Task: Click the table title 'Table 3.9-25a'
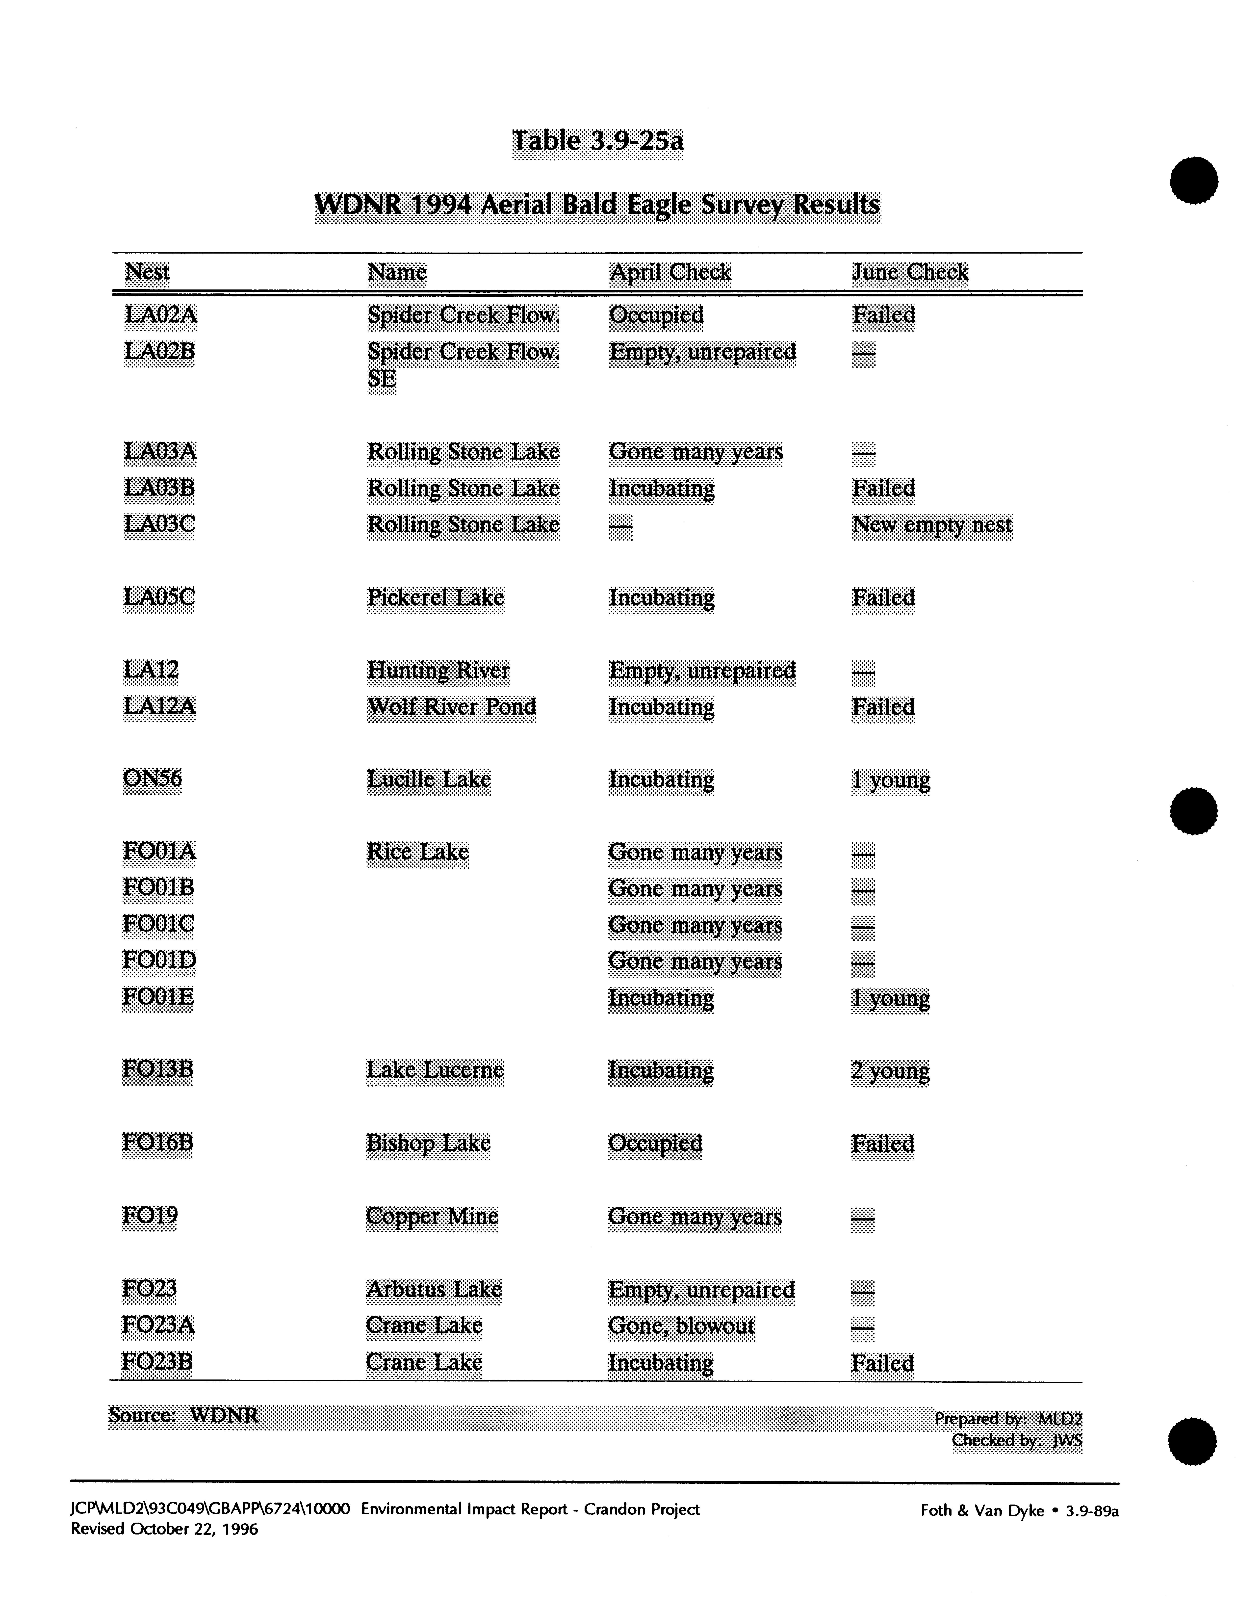[597, 141]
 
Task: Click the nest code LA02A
[160, 315]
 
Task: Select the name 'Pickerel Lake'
[436, 598]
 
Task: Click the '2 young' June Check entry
[890, 1070]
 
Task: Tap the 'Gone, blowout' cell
[681, 1326]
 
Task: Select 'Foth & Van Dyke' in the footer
[982, 1510]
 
